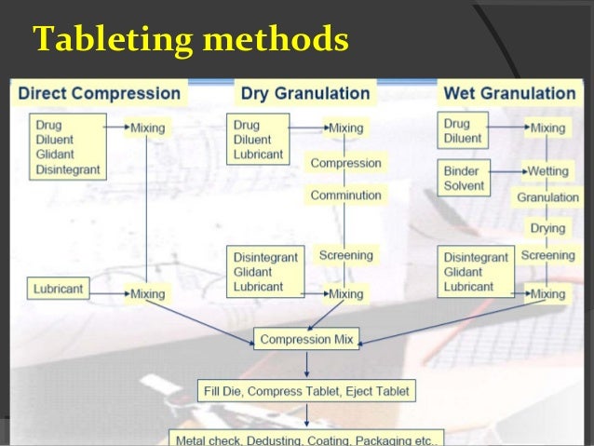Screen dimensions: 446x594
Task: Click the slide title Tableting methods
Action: tap(191, 41)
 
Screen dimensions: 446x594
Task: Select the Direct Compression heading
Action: tap(100, 93)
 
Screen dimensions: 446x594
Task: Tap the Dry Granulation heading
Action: tap(305, 93)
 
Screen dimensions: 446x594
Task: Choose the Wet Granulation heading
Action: tap(509, 93)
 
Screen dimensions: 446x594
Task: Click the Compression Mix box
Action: tap(306, 340)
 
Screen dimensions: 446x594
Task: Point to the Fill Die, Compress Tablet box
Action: tap(306, 390)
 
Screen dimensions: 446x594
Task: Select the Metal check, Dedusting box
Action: tap(306, 438)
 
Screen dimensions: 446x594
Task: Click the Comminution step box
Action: tap(346, 196)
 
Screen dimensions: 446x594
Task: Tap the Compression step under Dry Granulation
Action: tap(346, 163)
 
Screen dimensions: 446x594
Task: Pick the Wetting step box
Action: tap(548, 171)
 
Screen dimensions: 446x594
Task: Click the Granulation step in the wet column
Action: tap(548, 197)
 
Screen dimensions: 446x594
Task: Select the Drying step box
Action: tap(547, 228)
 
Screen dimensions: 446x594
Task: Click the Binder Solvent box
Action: tap(465, 178)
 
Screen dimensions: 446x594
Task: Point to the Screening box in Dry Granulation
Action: tap(345, 255)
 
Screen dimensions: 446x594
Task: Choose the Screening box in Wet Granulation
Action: tap(547, 255)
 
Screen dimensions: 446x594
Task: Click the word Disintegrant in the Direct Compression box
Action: tap(67, 169)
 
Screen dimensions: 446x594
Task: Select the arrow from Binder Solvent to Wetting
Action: tap(507, 172)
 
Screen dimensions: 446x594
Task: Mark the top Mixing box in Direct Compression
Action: tap(147, 128)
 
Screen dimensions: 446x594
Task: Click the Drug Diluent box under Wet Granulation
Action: tap(463, 131)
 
